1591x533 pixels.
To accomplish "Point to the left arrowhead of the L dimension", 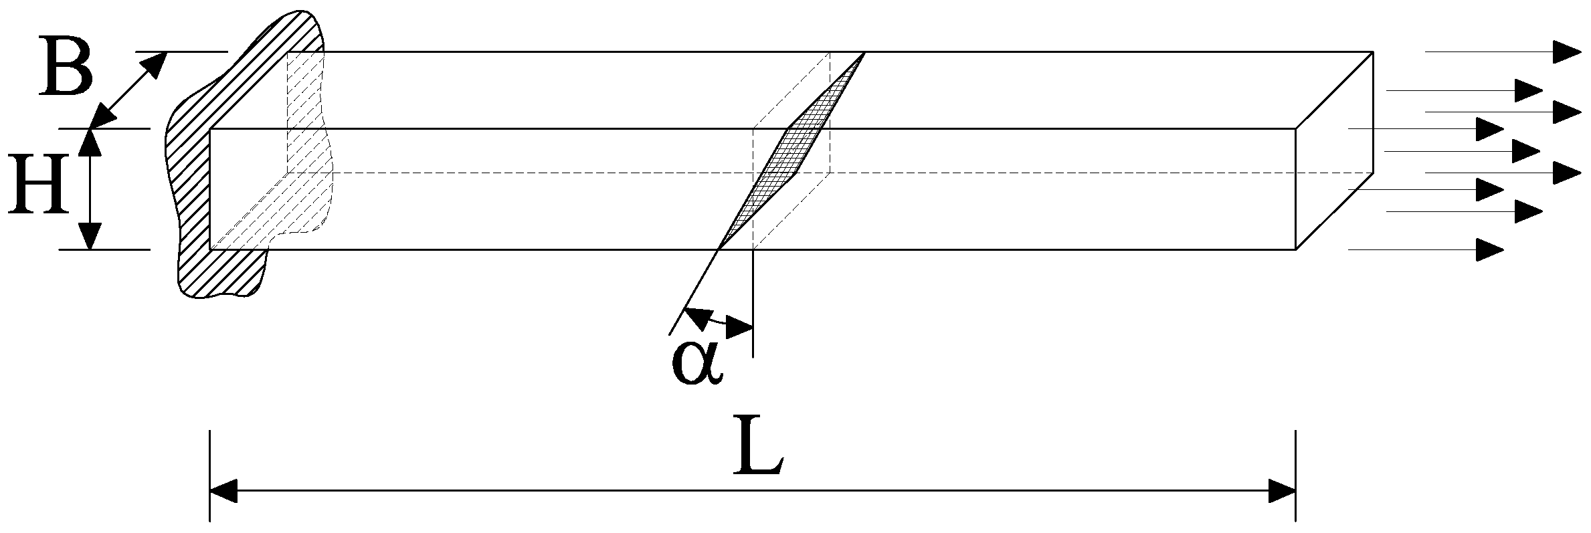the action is pyautogui.click(x=223, y=490).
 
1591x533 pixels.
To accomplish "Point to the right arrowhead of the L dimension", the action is pyautogui.click(x=1283, y=490).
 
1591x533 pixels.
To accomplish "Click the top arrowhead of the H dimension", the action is pyautogui.click(x=90, y=141).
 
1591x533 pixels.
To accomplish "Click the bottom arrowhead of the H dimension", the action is pyautogui.click(x=90, y=237).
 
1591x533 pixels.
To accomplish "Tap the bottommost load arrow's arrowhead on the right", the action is pyautogui.click(x=1491, y=249).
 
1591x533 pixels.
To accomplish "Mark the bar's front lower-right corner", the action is pyautogui.click(x=1296, y=249).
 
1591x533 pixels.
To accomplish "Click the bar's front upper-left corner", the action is pyautogui.click(x=211, y=128).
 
